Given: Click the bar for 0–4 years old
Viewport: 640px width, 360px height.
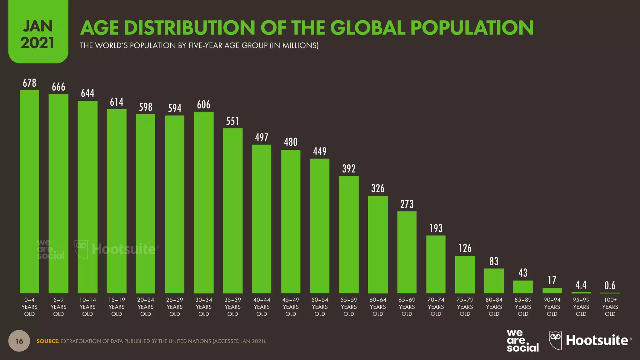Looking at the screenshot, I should pos(29,191).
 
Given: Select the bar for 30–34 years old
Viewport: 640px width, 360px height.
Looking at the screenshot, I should pos(203,202).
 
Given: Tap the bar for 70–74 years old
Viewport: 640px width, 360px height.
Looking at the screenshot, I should pos(436,264).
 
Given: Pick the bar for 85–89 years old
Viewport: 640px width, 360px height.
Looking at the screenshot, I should pos(523,287).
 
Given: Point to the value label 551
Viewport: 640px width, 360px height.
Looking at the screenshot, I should pos(232,121).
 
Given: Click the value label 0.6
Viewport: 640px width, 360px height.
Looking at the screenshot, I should pos(610,285).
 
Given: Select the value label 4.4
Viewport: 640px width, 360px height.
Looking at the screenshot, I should pos(581,285).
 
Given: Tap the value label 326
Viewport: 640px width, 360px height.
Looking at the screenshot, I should pos(378,188).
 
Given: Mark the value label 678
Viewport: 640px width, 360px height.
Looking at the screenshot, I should pos(29,83).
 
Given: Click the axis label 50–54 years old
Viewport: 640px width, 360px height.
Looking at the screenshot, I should pos(320,307).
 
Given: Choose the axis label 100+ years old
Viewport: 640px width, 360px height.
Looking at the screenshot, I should pos(610,307).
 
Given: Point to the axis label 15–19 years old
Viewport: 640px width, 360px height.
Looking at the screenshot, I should pos(117,307).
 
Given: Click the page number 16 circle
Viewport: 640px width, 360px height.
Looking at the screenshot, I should pos(19,341).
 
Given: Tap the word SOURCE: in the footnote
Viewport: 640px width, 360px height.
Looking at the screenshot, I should pos(48,341).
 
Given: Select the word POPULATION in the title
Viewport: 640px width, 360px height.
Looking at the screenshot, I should pos(472,28).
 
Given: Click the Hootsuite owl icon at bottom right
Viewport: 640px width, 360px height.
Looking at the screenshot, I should pos(555,340).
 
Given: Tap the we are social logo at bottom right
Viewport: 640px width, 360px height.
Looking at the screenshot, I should pos(522,341).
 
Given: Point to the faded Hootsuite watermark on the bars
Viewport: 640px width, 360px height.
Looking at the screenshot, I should pos(123,249).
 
